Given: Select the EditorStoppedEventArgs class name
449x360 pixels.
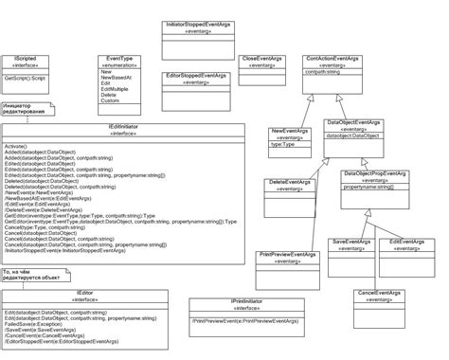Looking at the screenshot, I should point(195,75).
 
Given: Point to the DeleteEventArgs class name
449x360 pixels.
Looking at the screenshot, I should point(290,182).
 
